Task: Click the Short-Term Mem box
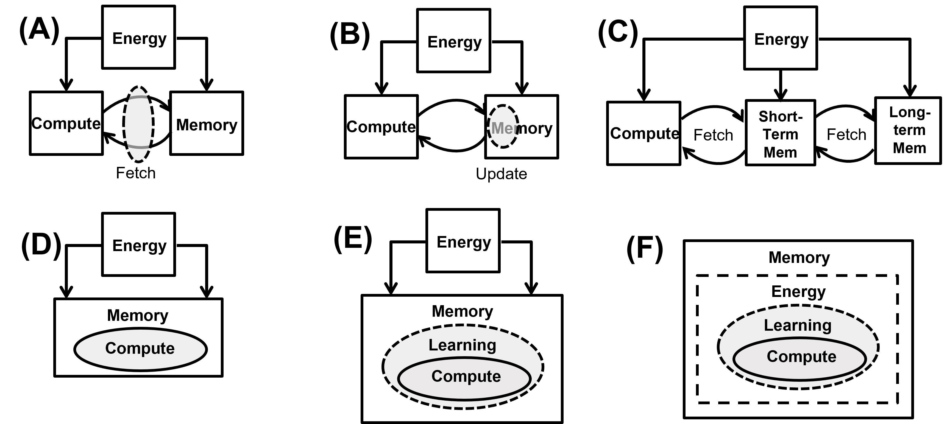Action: [780, 133]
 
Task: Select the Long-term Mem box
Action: [908, 130]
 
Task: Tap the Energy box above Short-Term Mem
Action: [780, 38]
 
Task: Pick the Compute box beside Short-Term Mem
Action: [643, 133]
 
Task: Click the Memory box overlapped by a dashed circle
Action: [535, 127]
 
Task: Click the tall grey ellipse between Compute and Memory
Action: [138, 124]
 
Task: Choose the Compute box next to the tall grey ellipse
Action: [66, 123]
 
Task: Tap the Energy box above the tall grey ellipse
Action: [138, 37]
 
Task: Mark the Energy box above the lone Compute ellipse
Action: [138, 244]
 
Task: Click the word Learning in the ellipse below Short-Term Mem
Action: [797, 325]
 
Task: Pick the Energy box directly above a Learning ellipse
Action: [463, 241]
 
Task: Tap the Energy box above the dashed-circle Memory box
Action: [454, 41]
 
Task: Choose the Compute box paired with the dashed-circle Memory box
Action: [381, 127]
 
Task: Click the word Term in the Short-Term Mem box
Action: [780, 134]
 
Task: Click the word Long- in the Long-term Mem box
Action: [909, 112]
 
